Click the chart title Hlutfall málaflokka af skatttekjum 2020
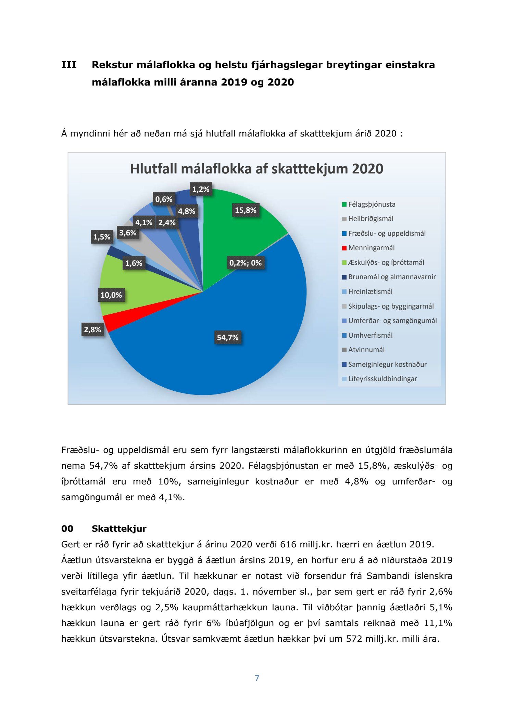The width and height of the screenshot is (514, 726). coord(256,169)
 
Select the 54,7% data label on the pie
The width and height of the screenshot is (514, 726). coord(227,338)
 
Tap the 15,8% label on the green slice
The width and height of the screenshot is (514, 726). coord(246,210)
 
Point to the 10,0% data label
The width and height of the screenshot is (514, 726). coord(111,295)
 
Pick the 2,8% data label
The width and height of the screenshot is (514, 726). coord(92,330)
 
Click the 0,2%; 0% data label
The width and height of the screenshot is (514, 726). coord(245,263)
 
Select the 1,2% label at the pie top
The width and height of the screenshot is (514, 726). coord(201,189)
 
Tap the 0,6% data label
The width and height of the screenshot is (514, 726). coord(164,199)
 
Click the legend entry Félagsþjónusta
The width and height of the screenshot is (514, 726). coord(372,205)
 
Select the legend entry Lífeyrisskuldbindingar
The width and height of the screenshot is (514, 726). coord(382,379)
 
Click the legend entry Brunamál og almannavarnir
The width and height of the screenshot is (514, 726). coord(392,277)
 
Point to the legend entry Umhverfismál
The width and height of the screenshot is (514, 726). coord(370,336)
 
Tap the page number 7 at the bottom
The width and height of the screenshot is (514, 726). coord(257,678)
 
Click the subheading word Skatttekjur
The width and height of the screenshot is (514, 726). coord(119,529)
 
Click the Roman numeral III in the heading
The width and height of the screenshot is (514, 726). coord(69,65)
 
